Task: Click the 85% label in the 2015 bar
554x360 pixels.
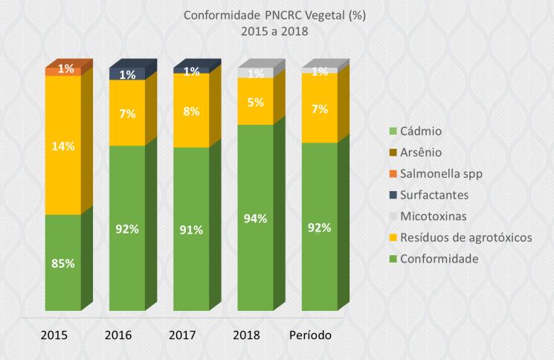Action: coord(63,263)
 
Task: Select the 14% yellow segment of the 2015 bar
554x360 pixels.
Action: coord(63,147)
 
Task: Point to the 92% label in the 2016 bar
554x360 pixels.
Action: coord(127,229)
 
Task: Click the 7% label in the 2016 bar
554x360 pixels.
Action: coord(127,113)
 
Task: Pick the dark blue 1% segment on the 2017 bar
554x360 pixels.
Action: coord(191,71)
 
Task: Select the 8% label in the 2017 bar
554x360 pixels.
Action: coord(191,111)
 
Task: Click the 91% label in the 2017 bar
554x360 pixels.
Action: coord(191,230)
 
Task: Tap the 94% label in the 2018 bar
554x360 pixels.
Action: coord(255,219)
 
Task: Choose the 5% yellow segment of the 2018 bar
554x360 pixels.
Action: coord(255,103)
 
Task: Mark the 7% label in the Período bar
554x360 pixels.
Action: coord(320,109)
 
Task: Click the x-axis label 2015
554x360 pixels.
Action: coord(54,335)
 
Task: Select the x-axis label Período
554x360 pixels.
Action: coord(309,335)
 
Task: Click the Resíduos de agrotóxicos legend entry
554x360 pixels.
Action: coord(466,237)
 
